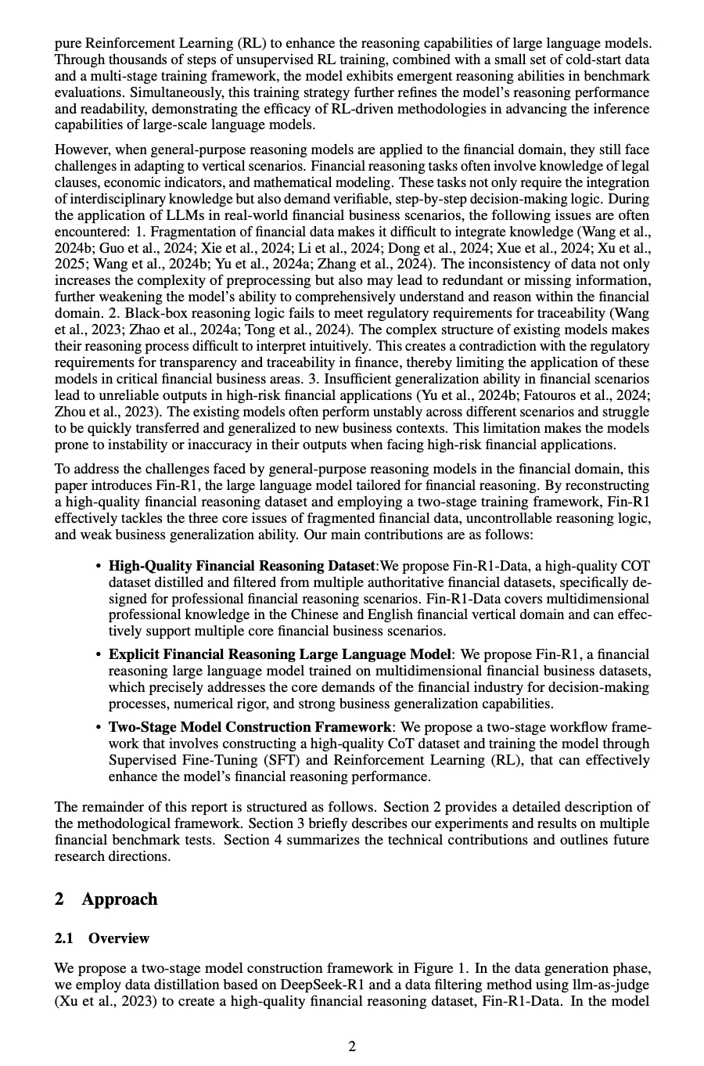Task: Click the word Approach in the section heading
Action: tap(119, 899)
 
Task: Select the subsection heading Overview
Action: tap(118, 938)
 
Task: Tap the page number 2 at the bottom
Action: tap(352, 1046)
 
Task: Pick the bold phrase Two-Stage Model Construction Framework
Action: tap(250, 727)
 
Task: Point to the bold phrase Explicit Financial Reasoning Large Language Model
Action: tap(279, 654)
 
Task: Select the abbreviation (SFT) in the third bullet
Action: tap(286, 760)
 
